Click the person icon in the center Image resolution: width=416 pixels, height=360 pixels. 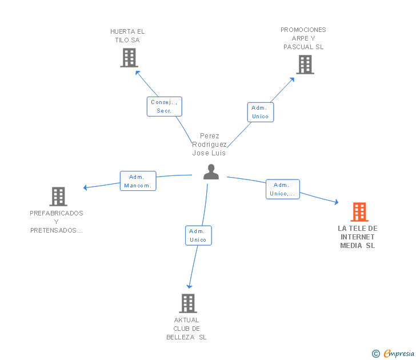click(211, 172)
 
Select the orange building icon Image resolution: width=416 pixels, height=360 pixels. click(359, 212)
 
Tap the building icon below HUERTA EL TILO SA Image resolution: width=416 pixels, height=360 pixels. click(129, 58)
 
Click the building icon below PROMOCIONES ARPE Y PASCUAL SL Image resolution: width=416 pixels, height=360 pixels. click(305, 65)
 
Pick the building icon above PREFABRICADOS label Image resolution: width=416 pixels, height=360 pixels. click(58, 197)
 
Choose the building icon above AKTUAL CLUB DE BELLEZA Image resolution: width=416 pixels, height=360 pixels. click(188, 303)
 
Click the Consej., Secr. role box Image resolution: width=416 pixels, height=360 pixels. click(165, 106)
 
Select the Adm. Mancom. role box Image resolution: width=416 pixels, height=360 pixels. click(138, 181)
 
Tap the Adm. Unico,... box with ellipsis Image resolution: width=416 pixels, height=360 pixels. click(283, 189)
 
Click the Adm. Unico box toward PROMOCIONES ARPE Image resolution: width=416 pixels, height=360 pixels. click(261, 112)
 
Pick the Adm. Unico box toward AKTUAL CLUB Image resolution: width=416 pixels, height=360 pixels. click(198, 235)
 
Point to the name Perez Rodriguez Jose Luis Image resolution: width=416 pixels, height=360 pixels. click(209, 145)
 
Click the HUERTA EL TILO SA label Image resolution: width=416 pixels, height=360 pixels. click(127, 36)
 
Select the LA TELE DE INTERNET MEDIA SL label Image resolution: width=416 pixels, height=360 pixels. click(358, 237)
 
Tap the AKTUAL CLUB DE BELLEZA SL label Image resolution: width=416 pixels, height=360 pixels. click(186, 329)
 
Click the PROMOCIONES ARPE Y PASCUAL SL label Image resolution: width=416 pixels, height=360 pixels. click(303, 38)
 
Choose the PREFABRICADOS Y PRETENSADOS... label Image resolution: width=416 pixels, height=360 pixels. click(57, 222)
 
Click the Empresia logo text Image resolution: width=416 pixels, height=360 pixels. click(399, 353)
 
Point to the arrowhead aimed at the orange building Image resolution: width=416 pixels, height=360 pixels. click(337, 202)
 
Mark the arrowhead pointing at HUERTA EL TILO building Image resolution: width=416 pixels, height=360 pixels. click(137, 73)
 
